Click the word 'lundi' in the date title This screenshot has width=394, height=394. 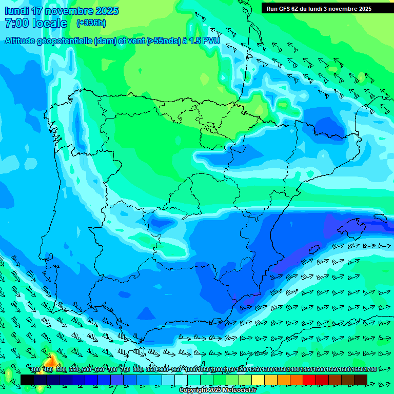[16, 11]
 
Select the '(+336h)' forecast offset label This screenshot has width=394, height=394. [91, 23]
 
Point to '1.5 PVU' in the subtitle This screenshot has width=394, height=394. [205, 41]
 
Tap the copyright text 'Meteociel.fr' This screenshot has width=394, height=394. [237, 390]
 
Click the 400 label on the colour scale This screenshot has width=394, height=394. [35, 370]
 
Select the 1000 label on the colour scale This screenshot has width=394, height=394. [191, 370]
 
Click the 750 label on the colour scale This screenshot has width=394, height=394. [125, 370]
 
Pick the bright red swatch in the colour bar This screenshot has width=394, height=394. [309, 380]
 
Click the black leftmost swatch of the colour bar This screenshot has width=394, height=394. [27, 380]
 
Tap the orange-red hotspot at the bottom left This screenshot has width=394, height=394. [51, 360]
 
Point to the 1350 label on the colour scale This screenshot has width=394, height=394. [281, 370]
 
